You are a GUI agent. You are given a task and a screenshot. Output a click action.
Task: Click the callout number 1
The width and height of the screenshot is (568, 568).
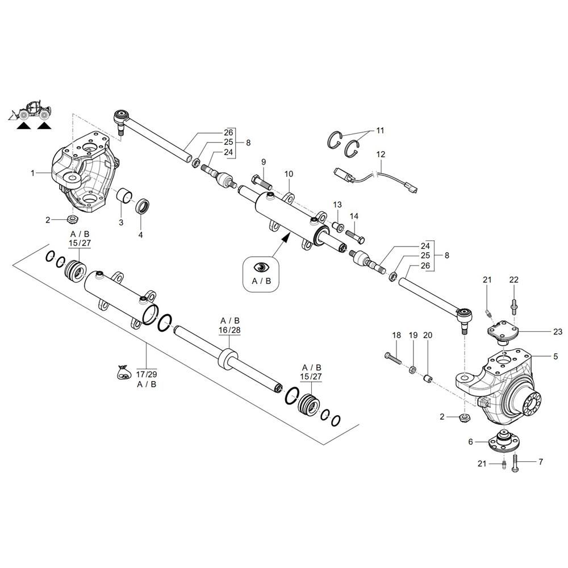33,172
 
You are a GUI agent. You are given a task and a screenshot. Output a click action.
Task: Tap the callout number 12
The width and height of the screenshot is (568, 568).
381,154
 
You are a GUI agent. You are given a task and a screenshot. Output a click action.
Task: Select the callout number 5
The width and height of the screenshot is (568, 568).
555,357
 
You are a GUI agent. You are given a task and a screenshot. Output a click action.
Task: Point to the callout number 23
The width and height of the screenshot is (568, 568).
557,331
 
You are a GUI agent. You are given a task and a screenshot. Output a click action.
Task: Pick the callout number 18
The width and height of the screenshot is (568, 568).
396,336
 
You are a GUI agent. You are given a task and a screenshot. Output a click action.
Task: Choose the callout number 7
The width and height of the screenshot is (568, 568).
540,462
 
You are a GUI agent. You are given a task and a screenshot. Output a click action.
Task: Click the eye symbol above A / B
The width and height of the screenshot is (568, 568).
261,267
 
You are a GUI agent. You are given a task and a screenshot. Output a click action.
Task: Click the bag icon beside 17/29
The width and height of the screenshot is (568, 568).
122,373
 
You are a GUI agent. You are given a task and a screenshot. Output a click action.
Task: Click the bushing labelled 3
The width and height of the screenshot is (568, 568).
124,198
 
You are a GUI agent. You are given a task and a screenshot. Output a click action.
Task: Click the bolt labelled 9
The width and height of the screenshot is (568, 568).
261,183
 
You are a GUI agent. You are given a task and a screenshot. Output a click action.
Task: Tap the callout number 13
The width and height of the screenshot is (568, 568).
337,204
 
